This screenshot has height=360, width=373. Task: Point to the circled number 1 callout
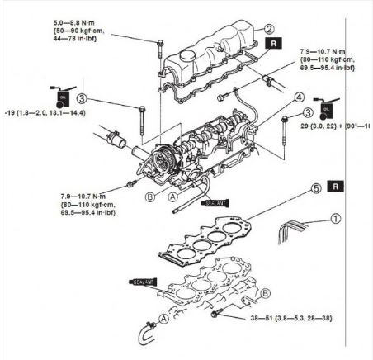click(335, 219)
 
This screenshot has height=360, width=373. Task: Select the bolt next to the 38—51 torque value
click(218, 315)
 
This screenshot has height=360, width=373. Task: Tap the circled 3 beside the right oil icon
click(308, 112)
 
